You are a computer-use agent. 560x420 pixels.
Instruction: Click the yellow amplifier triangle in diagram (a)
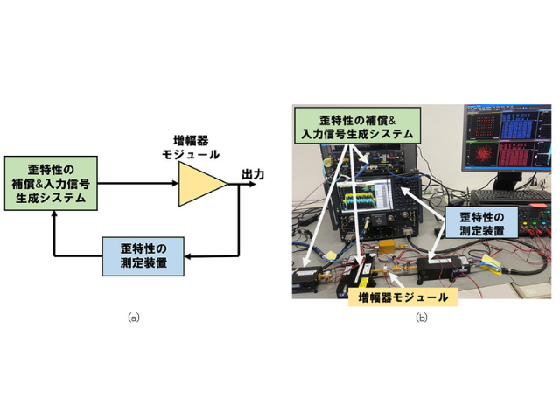200,184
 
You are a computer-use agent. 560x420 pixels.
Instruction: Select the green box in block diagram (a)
51,183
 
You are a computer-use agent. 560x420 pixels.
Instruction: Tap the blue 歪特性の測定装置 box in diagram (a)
143,256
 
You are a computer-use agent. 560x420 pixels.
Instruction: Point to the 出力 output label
253,175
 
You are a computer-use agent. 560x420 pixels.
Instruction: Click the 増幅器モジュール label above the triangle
191,147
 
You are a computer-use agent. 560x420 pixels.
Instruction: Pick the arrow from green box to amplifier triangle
138,183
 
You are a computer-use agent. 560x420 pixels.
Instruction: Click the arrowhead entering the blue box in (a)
187,256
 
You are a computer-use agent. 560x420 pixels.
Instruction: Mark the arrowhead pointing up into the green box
54,213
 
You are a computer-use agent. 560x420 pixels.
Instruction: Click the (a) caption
134,318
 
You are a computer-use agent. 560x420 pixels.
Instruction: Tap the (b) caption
422,318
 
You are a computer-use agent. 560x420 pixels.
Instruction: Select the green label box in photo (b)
357,126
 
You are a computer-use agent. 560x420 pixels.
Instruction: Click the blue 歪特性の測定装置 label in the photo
481,224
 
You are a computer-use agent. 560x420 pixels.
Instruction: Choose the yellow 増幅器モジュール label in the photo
402,297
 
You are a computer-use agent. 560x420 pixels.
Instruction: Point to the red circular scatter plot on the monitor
483,155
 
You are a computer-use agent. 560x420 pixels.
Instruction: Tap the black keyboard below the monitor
511,195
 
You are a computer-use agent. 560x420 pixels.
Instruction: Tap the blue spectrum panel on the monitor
518,125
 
